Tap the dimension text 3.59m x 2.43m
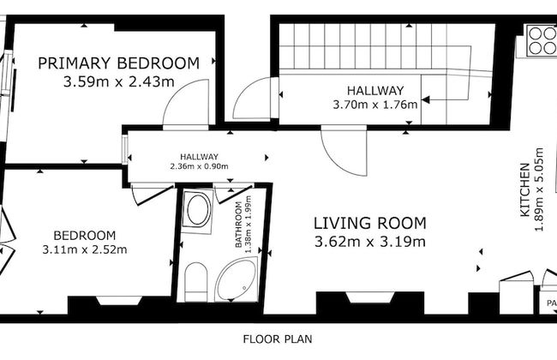tap(118, 82)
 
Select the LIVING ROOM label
tap(370, 223)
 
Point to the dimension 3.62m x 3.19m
tap(370, 242)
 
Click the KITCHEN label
tap(524, 189)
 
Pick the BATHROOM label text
tap(239, 225)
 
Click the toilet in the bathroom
tap(196, 282)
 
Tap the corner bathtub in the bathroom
tap(237, 279)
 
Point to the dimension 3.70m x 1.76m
tap(375, 105)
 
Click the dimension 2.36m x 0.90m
tap(199, 166)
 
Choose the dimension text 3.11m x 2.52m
tap(85, 249)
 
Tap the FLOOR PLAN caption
tap(278, 339)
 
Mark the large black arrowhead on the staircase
tap(425, 100)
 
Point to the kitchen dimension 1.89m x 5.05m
tap(539, 189)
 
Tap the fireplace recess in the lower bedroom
tap(119, 300)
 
